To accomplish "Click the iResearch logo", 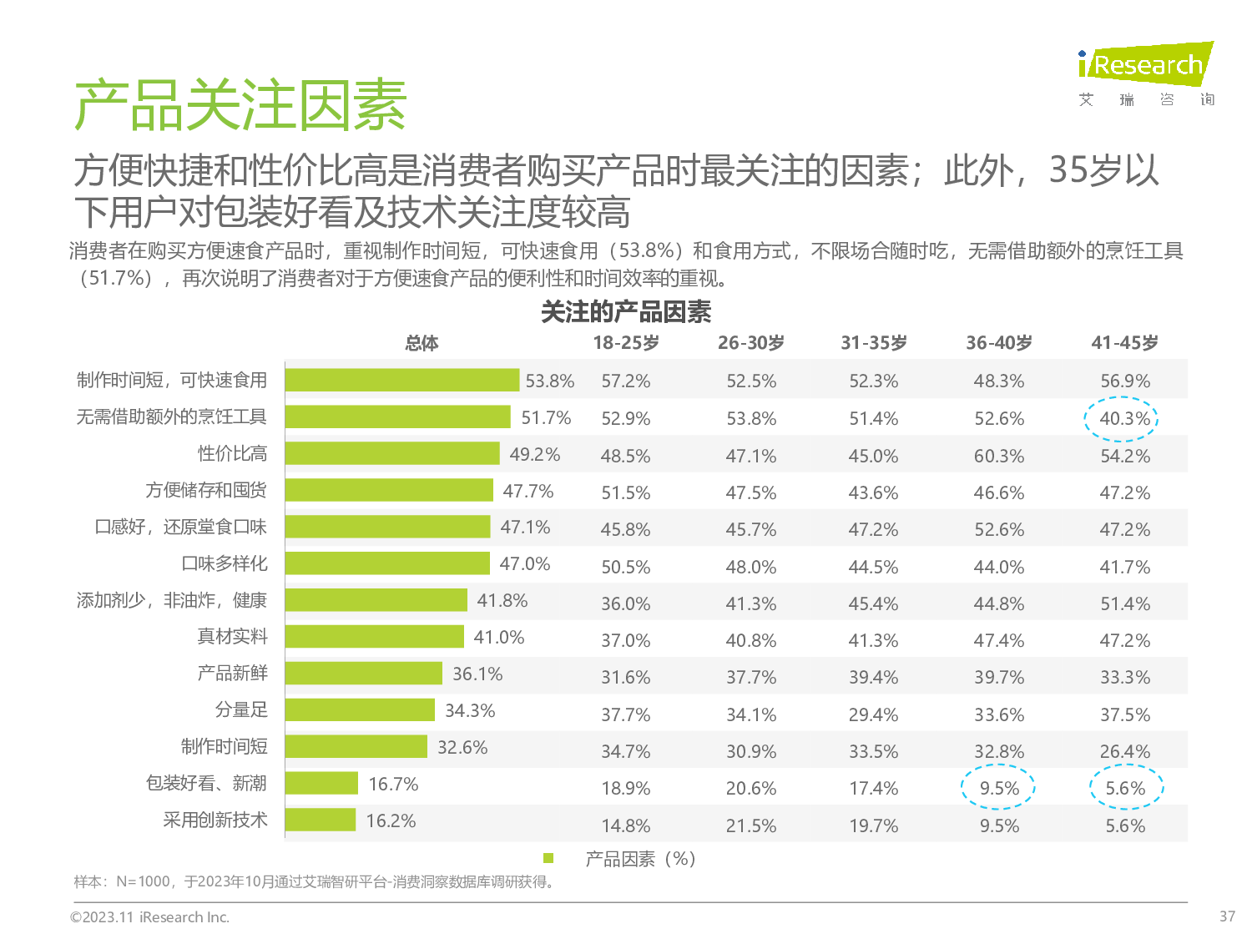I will (x=1145, y=65).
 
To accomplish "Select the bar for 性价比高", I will (x=392, y=453).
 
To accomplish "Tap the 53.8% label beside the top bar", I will (x=549, y=381).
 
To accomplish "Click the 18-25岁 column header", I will (x=626, y=343).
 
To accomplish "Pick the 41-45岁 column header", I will (x=1124, y=343).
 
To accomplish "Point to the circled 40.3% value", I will (x=1123, y=418).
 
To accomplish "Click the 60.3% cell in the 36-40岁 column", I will (x=999, y=456).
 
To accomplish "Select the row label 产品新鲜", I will (x=232, y=673).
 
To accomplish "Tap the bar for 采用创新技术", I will (x=321, y=820).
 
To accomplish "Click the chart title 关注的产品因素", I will (x=626, y=312).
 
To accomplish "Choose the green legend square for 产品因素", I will (x=548, y=858).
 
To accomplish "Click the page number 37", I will (x=1227, y=916).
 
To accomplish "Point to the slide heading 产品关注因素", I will (x=240, y=106).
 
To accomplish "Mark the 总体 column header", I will (x=422, y=343).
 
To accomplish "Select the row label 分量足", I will (x=241, y=709).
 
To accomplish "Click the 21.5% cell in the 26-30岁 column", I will (x=751, y=825).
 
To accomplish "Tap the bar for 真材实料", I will (x=374, y=637).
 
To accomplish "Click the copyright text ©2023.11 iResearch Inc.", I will (x=149, y=916).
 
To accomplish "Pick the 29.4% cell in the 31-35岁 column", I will (x=874, y=714).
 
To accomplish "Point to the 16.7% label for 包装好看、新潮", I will (x=393, y=784).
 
